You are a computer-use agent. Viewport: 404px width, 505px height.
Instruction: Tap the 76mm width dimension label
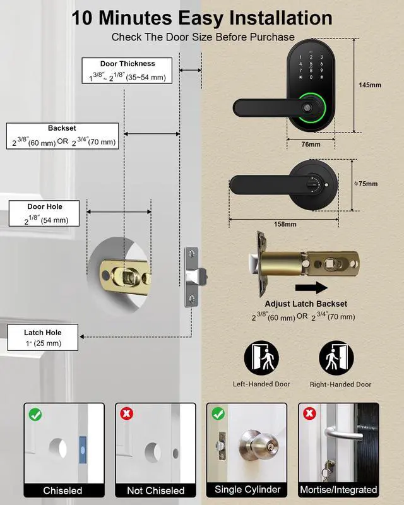coord(311,145)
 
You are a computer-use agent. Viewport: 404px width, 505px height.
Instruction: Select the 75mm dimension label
coord(367,184)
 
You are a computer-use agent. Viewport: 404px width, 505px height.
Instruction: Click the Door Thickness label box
coord(128,70)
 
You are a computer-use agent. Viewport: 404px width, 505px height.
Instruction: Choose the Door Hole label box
coord(44,213)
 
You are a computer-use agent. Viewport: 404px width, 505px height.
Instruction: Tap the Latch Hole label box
coord(42,338)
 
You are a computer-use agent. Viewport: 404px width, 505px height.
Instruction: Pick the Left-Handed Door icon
coord(261,358)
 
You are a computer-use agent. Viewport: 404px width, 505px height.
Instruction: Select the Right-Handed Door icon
coord(335,358)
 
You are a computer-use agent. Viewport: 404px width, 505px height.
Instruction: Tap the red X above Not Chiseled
coord(126,414)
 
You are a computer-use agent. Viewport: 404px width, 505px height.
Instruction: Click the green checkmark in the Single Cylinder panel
coord(217,414)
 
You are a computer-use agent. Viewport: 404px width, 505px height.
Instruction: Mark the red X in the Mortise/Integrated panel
coord(309,414)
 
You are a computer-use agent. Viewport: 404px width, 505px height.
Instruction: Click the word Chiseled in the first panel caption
coord(62,490)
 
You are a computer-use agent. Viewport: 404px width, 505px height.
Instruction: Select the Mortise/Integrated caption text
coord(339,490)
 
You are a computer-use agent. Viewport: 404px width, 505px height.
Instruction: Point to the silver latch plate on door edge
coord(191,276)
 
